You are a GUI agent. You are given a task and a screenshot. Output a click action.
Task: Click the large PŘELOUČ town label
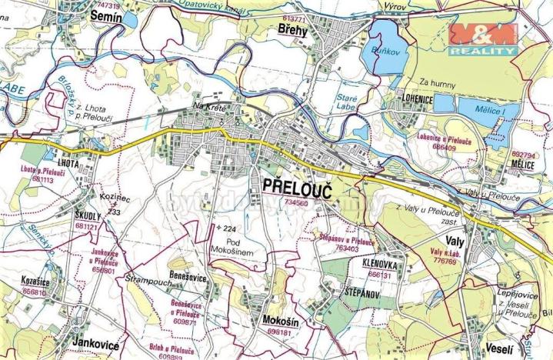pos(296,187)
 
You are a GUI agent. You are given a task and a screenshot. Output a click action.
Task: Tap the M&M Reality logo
pos(483,38)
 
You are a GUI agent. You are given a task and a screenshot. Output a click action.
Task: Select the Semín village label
pos(107,16)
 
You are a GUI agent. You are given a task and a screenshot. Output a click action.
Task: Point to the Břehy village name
pos(293,28)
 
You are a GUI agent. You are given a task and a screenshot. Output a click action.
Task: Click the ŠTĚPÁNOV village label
pos(365,292)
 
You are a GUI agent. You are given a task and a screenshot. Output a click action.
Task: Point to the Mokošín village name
pos(277,322)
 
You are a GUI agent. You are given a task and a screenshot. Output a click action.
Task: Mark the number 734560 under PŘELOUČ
pos(295,203)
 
